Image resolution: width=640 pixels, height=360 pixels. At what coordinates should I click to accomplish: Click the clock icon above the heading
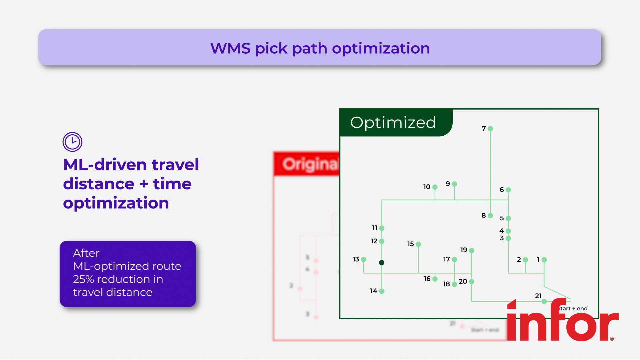pos(72,142)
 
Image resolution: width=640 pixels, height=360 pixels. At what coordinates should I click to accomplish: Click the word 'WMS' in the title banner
pos(230,48)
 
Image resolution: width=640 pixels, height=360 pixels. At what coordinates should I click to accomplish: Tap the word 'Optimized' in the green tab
pos(393,122)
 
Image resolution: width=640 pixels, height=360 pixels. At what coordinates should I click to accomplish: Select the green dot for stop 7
pos(490,129)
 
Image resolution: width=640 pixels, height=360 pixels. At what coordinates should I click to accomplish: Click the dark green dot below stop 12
pos(382,263)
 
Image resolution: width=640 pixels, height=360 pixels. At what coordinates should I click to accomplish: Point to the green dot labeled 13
pos(364,259)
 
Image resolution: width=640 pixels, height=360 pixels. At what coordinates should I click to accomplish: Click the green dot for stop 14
pos(382,291)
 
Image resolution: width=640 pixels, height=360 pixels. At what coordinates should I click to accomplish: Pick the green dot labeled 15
pos(418,244)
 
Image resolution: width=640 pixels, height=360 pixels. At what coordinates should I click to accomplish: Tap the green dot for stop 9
pos(454,184)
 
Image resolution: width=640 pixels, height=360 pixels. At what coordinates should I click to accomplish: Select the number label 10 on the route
pos(427,187)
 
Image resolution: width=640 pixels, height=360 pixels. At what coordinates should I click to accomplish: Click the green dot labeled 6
pos(508,190)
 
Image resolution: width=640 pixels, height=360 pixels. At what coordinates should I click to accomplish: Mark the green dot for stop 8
pos(490,216)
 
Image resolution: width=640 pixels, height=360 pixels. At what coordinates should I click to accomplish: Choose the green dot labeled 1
pos(544,260)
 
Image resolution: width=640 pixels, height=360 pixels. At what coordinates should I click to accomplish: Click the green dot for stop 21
pos(544,301)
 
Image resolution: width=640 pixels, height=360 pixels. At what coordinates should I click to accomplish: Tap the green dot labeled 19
pos(472,250)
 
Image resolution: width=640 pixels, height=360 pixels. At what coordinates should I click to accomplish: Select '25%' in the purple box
pos(83,279)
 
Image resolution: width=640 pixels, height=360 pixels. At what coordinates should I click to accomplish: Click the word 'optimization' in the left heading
pos(116,203)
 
